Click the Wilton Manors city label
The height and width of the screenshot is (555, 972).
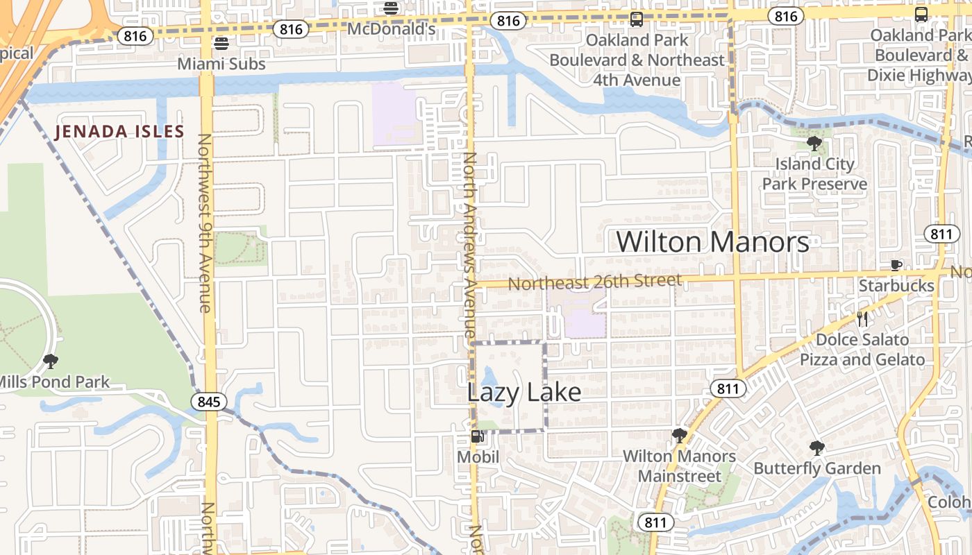coord(712,242)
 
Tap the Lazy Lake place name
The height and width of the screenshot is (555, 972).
coord(523,393)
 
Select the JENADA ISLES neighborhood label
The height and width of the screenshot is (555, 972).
coord(119,131)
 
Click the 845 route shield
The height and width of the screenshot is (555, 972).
coord(209,402)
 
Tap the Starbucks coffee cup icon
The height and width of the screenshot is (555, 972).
coord(896,265)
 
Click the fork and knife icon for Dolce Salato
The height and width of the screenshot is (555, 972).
coord(862,319)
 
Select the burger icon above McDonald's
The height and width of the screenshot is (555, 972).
coord(391,8)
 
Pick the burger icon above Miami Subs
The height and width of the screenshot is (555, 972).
coord(221,44)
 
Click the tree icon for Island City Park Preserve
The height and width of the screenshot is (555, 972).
coord(814,144)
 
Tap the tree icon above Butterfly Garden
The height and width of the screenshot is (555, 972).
coord(817,447)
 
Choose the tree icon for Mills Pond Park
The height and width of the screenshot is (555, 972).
coord(50,361)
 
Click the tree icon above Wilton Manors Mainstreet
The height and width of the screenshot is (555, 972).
coord(679,436)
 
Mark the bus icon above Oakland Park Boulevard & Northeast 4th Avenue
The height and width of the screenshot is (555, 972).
coord(637,19)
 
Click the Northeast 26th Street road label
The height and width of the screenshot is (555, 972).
coord(595,282)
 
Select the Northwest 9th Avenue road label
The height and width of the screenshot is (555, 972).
coord(206,222)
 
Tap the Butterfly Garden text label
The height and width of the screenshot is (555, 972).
coord(817,468)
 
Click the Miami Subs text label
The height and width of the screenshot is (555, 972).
coord(221,64)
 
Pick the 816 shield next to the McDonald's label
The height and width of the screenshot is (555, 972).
coord(290,29)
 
